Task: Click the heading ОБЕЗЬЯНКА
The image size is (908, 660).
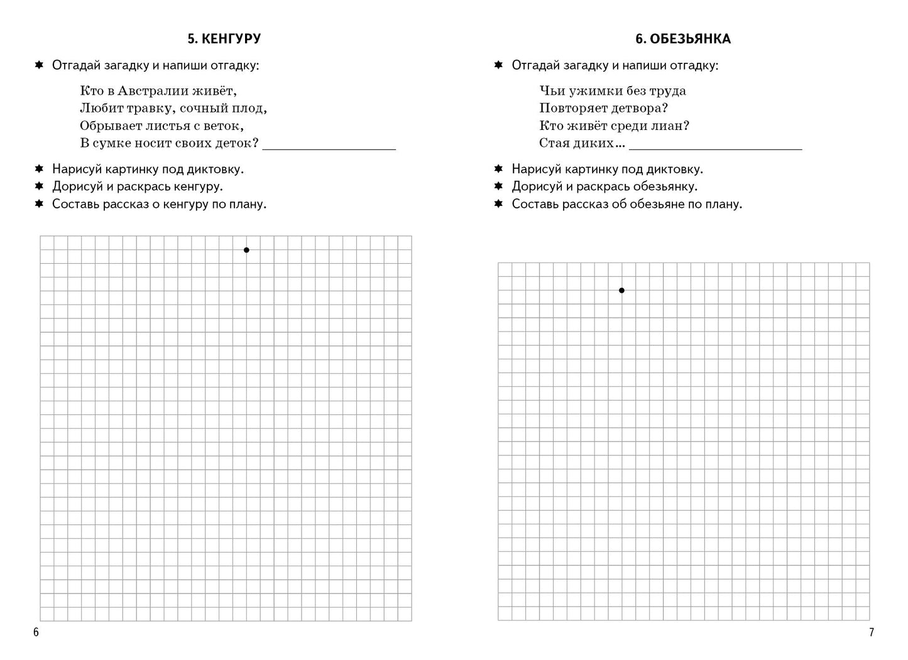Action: tap(690, 39)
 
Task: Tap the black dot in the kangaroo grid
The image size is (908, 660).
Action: tap(246, 250)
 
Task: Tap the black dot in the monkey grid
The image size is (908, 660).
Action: tap(621, 290)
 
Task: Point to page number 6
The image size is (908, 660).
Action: tap(36, 632)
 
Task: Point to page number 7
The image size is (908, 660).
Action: tap(871, 632)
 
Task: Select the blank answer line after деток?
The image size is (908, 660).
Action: tap(329, 148)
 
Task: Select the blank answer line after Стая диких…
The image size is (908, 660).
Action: tap(715, 148)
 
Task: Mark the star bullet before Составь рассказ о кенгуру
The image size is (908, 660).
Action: tap(39, 204)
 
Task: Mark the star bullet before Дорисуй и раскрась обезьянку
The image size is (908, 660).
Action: tap(498, 187)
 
